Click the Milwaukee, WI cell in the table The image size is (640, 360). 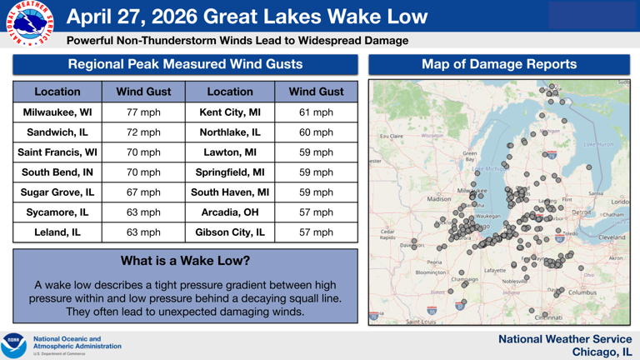point(57,112)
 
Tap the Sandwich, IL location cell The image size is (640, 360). point(57,132)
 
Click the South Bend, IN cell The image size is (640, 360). point(57,172)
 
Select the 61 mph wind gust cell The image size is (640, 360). point(316,112)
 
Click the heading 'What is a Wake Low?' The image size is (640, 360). point(185,261)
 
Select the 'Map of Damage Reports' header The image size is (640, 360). point(499,64)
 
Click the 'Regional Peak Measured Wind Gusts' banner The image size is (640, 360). point(185,64)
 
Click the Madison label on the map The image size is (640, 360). point(438,199)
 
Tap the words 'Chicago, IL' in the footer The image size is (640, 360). point(601,352)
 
